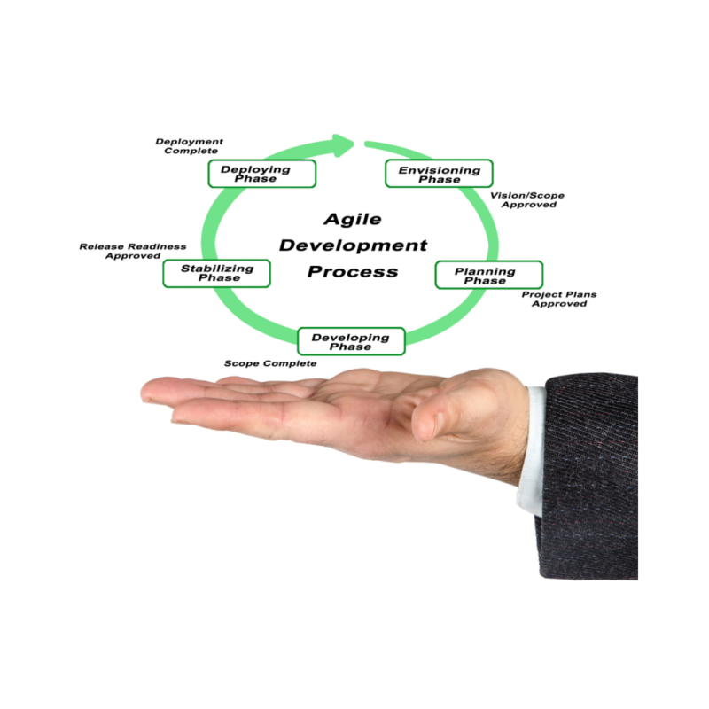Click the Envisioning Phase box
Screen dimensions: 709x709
439,174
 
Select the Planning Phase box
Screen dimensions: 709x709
488,275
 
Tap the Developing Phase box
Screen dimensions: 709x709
351,341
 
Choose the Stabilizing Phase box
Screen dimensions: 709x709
216,273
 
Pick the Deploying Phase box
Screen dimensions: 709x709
262,174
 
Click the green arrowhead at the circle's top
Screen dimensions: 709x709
343,143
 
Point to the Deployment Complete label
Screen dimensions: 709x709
190,145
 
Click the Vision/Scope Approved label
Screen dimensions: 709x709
528,199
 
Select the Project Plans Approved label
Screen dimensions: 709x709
558,299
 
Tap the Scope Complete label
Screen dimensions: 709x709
269,363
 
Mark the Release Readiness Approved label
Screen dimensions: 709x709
133,251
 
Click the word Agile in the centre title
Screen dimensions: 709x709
352,219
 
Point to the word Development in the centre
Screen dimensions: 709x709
353,245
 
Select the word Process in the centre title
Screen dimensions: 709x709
353,272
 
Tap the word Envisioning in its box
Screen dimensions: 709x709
439,168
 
